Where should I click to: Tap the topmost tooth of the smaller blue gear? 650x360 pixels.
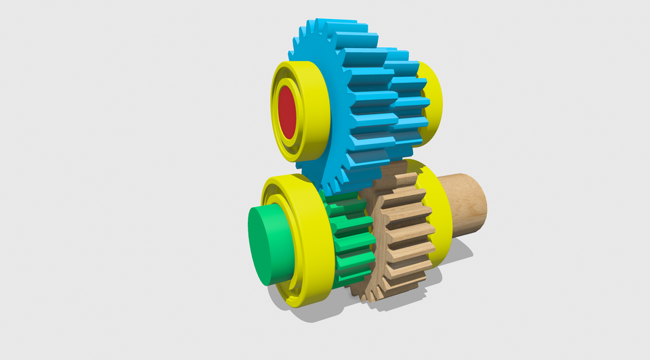tap(396, 54)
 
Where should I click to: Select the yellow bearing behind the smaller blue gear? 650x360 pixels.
tap(432, 102)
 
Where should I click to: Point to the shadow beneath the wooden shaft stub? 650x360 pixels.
tap(460, 250)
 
